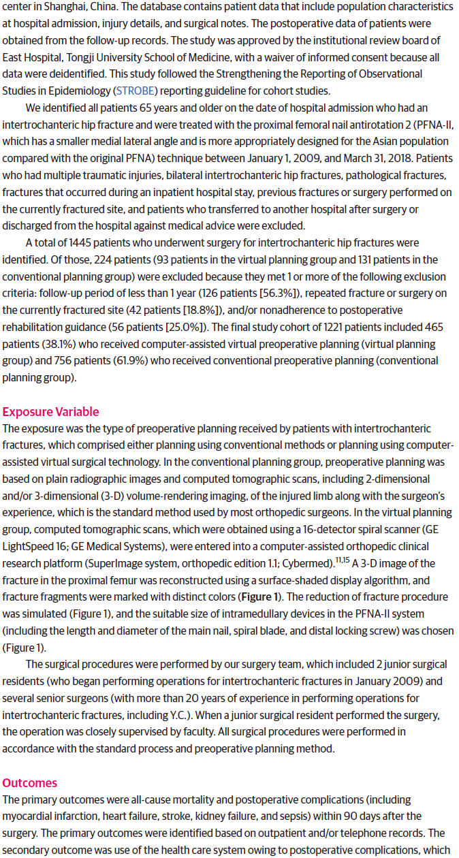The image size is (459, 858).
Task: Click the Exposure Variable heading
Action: point(50,411)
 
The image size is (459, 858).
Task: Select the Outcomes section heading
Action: point(30,782)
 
